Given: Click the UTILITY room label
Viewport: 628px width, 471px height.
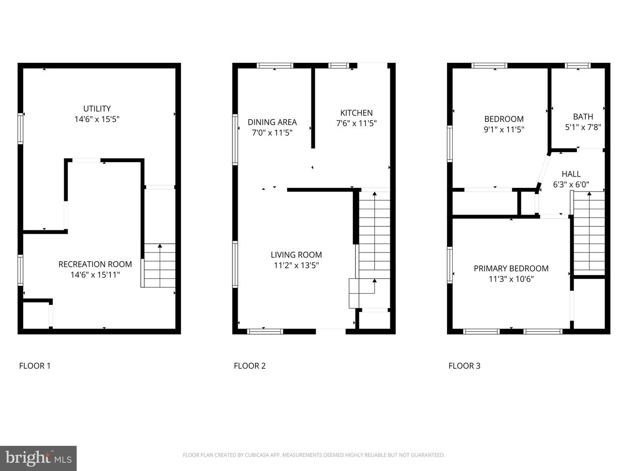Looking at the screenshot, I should pos(97,109).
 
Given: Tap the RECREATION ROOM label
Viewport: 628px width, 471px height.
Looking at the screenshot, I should pos(95,264).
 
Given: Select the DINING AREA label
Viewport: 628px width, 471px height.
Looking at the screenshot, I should pos(272,122).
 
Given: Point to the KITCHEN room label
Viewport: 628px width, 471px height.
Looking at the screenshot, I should pos(356,113).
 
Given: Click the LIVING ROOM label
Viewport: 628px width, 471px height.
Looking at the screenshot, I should pos(296,255).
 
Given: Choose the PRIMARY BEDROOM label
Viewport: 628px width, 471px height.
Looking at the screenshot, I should pos(511,268).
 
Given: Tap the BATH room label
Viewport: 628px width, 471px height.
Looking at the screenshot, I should pos(583,116).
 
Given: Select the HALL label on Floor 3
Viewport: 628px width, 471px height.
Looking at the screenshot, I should pos(571,174).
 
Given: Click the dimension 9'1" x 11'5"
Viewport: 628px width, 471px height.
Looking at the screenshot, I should pos(504,130).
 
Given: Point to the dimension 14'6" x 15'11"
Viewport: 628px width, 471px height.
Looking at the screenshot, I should pos(95,275).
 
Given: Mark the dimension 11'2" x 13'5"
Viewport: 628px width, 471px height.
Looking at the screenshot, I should pos(296,265).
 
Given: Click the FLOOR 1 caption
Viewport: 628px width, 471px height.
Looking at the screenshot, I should pos(35,366).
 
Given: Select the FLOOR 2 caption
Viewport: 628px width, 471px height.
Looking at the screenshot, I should pos(249,366).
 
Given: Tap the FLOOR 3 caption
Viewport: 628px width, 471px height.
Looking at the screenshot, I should pos(464,366).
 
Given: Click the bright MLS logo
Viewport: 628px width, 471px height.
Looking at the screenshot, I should pos(38,458).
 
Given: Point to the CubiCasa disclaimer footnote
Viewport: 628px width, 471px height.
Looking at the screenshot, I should pos(314,455).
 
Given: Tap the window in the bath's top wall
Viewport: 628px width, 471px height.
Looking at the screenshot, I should pos(577,66).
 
